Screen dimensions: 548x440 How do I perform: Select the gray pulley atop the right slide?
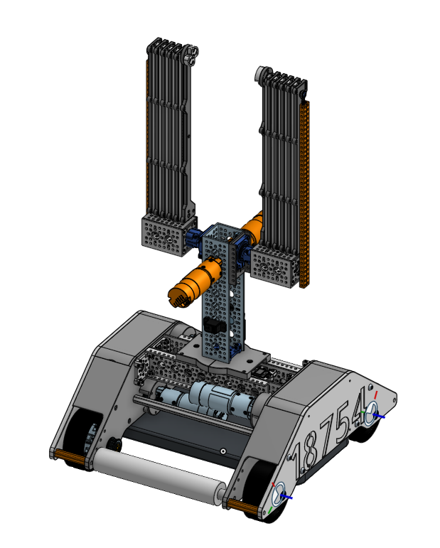(262, 73)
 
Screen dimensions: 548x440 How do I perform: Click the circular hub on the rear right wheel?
(371, 418)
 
